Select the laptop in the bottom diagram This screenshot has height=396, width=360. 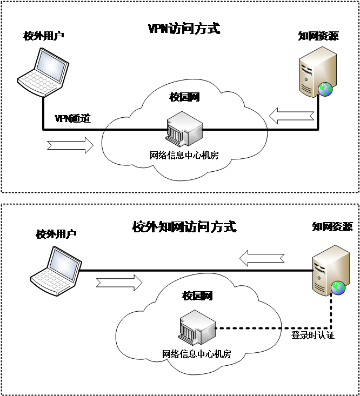click(56, 271)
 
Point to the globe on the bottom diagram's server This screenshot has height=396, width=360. click(338, 287)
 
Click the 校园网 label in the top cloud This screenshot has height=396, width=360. click(185, 97)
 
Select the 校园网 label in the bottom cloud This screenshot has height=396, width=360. click(197, 296)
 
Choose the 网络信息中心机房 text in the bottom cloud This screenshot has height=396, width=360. click(197, 354)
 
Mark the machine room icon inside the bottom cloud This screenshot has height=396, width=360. click(197, 327)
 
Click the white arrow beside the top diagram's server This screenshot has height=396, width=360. click(291, 115)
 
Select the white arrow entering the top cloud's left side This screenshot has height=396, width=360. click(71, 145)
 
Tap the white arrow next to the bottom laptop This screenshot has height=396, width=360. click(119, 282)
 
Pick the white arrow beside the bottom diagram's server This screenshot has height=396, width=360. click(262, 258)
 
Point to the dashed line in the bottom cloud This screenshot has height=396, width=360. click(249, 328)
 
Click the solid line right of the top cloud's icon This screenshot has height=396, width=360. click(235, 130)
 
